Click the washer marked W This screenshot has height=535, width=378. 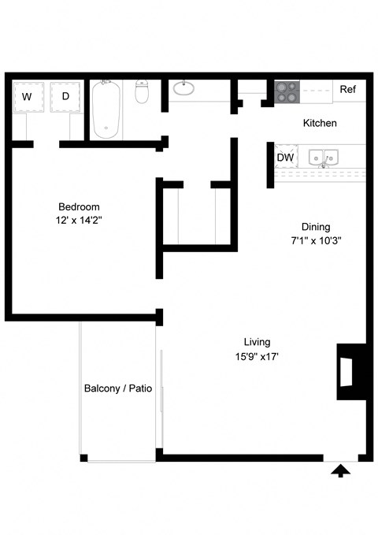28,97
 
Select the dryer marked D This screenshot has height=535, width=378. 65,97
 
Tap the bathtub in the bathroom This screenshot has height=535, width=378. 106,110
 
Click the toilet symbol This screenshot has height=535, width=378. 141,91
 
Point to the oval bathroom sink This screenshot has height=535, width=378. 183,88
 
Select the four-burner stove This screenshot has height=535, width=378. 287,91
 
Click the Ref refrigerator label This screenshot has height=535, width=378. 347,89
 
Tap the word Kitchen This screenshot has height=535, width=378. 320,123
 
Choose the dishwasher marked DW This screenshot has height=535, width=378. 286,157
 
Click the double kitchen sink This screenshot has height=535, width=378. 323,158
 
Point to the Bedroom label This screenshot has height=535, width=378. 79,206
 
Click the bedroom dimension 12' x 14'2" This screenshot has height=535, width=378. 79,221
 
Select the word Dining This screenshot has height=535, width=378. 316,227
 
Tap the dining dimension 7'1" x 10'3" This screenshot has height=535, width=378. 316,241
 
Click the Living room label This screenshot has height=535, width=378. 257,342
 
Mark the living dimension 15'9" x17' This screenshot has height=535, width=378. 257,357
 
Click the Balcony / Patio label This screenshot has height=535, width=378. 118,388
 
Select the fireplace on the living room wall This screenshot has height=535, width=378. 351,372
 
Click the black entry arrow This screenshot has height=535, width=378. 340,472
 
